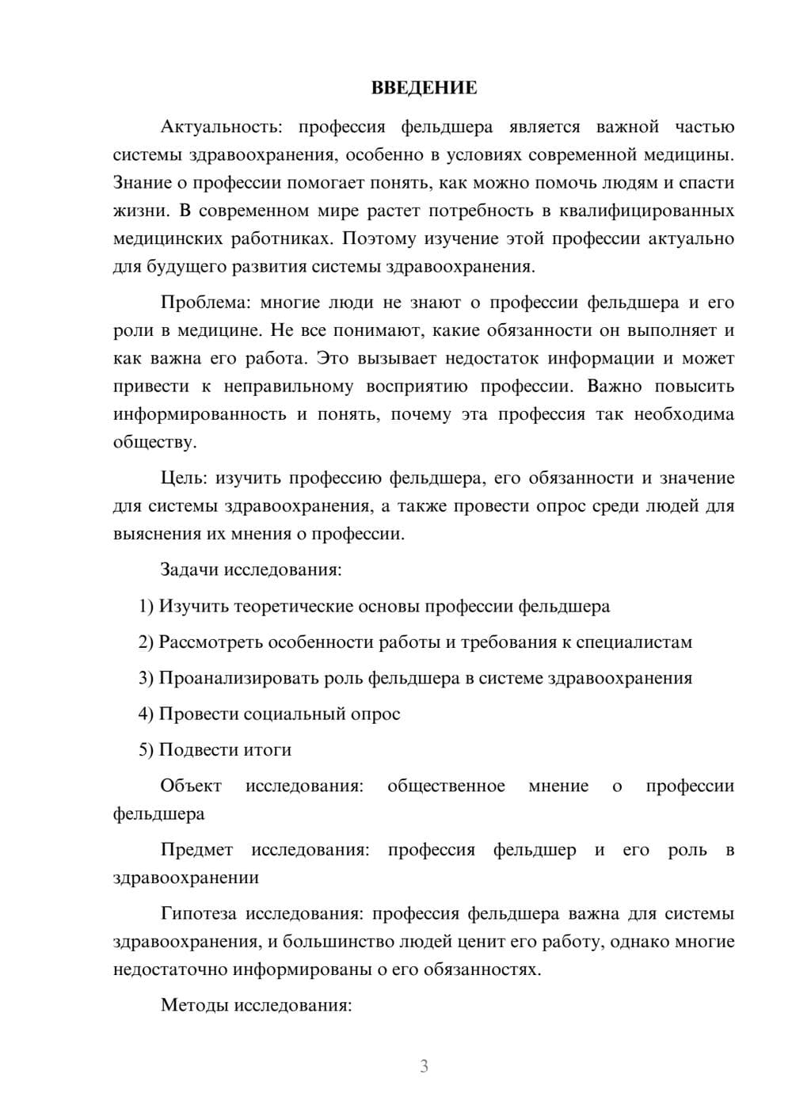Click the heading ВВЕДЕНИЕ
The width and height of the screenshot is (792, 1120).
[424, 88]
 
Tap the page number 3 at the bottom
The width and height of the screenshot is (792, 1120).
[424, 1066]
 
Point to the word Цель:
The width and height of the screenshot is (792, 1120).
[184, 478]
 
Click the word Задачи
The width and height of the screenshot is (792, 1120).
[190, 570]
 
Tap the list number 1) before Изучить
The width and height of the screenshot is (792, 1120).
[146, 606]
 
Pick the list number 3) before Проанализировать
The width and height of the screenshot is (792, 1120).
[146, 678]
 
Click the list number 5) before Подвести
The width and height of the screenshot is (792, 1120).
[146, 749]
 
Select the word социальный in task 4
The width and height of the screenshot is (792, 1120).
[289, 714]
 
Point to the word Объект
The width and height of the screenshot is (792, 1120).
[191, 786]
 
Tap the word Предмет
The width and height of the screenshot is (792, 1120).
[196, 850]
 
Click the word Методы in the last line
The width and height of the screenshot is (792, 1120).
[194, 1006]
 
